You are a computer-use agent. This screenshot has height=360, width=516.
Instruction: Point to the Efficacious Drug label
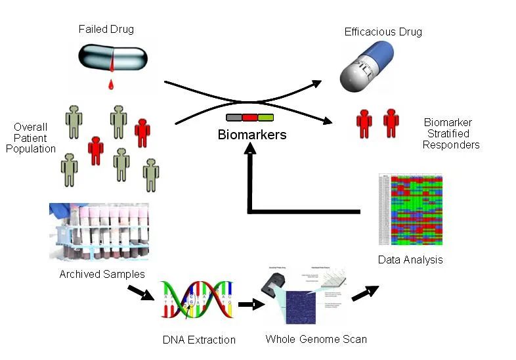pyautogui.click(x=383, y=32)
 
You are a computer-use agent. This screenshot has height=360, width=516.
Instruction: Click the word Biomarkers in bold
pyautogui.click(x=252, y=135)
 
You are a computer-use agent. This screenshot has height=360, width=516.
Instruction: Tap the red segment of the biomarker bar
pyautogui.click(x=249, y=118)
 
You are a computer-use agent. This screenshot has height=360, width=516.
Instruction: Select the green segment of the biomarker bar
pyautogui.click(x=265, y=118)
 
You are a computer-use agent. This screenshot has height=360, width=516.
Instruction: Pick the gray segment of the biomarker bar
pyautogui.click(x=234, y=118)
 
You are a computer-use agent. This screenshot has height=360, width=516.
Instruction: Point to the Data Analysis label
pyautogui.click(x=410, y=259)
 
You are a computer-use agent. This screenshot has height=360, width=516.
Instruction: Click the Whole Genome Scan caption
pyautogui.click(x=316, y=339)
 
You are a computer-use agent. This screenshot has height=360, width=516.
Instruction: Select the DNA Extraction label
pyautogui.click(x=199, y=340)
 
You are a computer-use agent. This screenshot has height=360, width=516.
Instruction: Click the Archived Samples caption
pyautogui.click(x=102, y=274)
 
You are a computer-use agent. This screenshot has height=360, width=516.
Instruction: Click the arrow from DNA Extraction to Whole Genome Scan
pyautogui.click(x=249, y=305)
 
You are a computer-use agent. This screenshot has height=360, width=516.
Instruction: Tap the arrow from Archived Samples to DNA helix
pyautogui.click(x=145, y=293)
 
